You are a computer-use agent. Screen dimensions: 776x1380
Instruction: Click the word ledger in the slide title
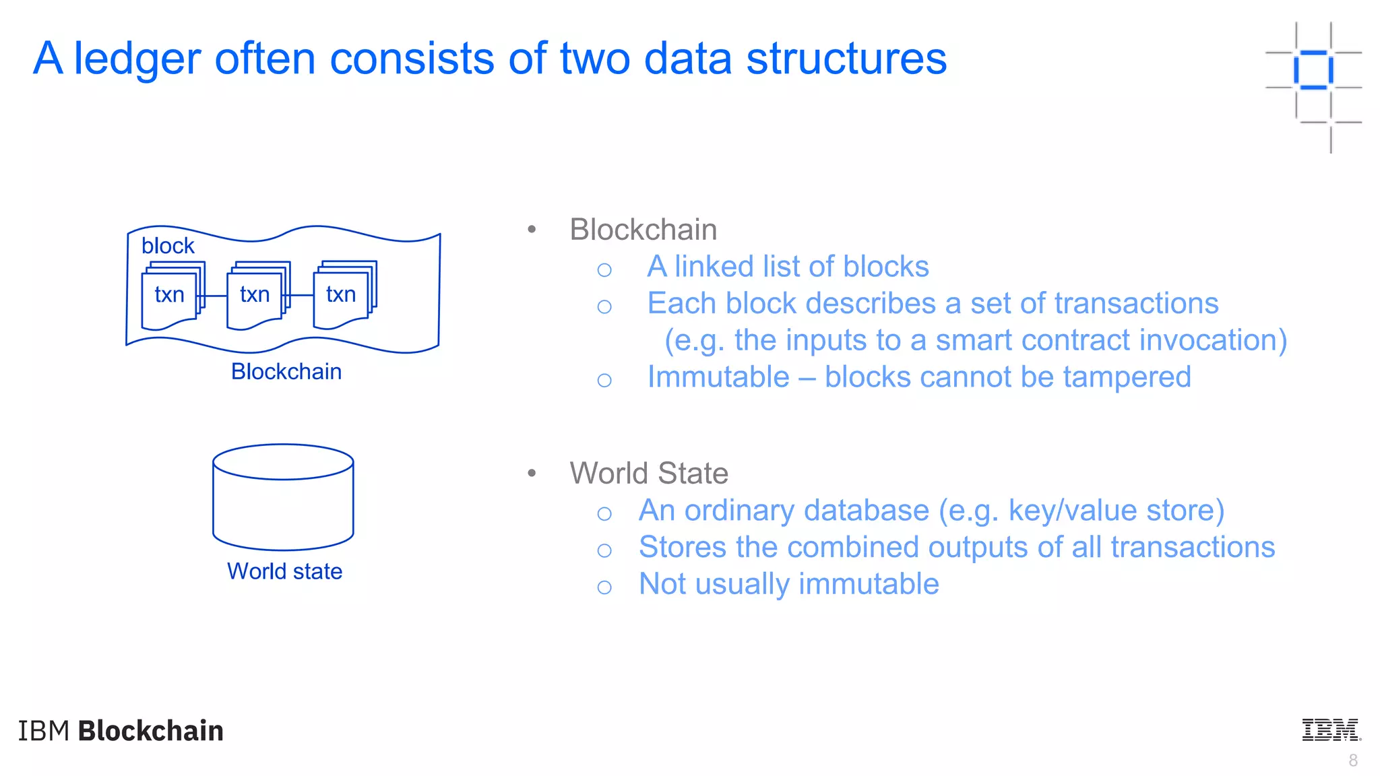[x=137, y=59]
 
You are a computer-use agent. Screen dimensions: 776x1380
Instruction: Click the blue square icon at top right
[x=1313, y=70]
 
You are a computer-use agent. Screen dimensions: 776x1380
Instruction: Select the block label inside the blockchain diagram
[x=168, y=246]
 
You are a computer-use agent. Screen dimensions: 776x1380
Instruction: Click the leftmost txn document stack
[x=171, y=296]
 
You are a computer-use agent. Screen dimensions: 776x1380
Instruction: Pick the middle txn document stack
[x=257, y=296]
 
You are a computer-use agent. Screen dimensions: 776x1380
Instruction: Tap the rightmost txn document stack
[x=343, y=296]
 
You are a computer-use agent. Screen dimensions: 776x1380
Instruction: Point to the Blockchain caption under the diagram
[x=286, y=372]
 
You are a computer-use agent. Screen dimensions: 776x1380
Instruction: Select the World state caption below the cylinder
[x=284, y=571]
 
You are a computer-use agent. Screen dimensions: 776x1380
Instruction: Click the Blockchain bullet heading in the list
[x=643, y=230]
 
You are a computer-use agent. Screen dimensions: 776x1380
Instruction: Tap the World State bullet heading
[x=648, y=474]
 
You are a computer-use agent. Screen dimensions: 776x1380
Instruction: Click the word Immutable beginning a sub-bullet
[x=718, y=377]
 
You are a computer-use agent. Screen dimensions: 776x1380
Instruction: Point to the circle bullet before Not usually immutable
[x=604, y=587]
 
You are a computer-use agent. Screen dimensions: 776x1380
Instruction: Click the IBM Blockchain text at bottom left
[x=121, y=731]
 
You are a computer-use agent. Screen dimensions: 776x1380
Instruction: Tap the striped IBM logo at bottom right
[x=1330, y=730]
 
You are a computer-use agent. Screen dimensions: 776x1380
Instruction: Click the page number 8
[x=1352, y=761]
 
